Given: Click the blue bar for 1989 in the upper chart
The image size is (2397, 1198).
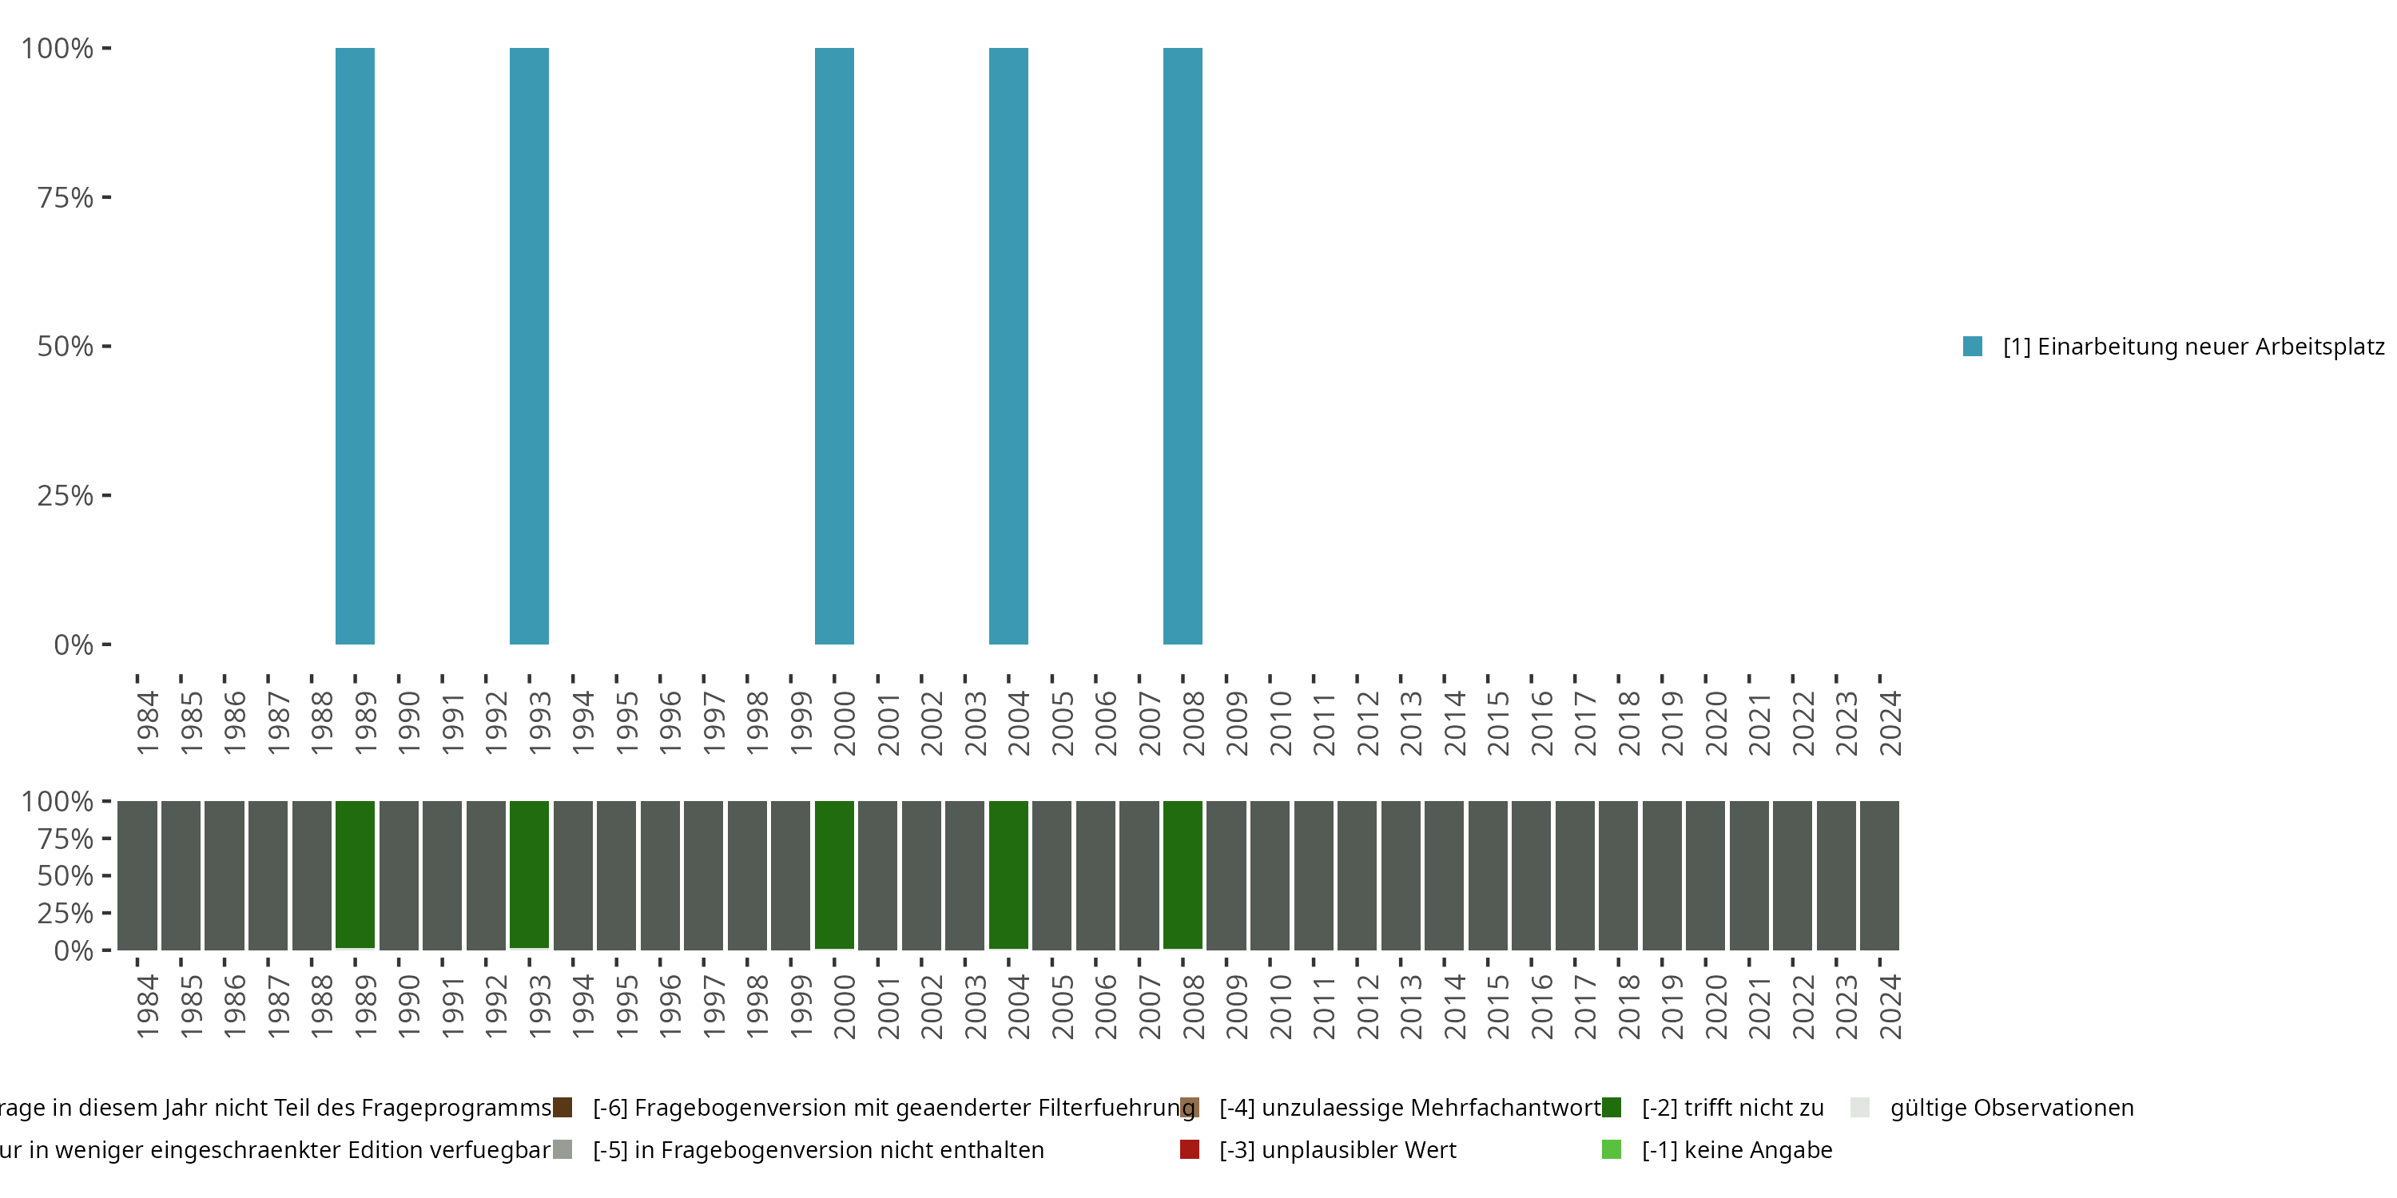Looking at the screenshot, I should pyautogui.click(x=355, y=346).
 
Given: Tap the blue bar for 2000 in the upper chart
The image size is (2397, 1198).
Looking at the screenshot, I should pyautogui.click(x=833, y=346).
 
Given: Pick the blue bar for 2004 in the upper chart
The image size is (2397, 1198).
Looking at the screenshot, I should pyautogui.click(x=1008, y=346).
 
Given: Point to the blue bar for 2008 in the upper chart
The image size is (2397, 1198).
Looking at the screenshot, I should pyautogui.click(x=1182, y=346).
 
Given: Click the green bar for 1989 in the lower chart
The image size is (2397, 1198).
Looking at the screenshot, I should pyautogui.click(x=355, y=875).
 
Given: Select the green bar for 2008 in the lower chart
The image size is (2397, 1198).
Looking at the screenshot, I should pyautogui.click(x=1182, y=875).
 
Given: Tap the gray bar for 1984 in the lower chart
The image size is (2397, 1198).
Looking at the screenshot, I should pyautogui.click(x=137, y=875).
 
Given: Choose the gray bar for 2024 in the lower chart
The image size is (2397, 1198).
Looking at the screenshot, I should pyautogui.click(x=1878, y=875).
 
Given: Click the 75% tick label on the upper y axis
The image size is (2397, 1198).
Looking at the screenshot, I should pyautogui.click(x=66, y=197).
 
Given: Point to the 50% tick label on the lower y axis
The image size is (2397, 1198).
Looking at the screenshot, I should pyautogui.click(x=66, y=875).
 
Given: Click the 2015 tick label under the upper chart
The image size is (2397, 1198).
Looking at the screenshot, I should pyautogui.click(x=1498, y=723).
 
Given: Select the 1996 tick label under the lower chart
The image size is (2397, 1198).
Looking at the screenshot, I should pyautogui.click(x=671, y=1006).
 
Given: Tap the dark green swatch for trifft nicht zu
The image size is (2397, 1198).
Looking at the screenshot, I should pyautogui.click(x=1612, y=1107).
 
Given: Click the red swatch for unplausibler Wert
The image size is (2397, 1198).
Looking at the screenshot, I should pyautogui.click(x=1189, y=1149).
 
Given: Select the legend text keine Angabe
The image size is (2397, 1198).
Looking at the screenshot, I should pyautogui.click(x=1736, y=1149).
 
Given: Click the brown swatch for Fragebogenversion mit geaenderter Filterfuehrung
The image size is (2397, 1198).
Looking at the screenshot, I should pyautogui.click(x=562, y=1107).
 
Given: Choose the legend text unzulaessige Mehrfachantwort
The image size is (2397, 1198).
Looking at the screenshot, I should pyautogui.click(x=1409, y=1107).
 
